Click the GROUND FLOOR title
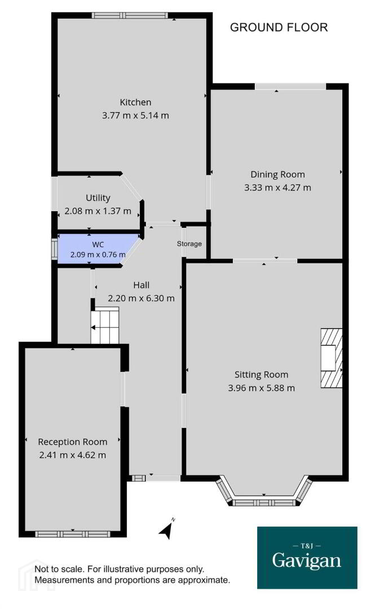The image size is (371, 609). click(x=279, y=27)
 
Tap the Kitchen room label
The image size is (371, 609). click(x=135, y=102)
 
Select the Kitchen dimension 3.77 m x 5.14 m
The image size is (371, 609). click(x=135, y=116)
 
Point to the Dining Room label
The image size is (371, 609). click(x=277, y=174)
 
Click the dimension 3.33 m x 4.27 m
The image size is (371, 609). click(x=277, y=188)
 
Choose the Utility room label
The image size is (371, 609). click(x=98, y=198)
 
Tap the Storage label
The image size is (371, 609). click(x=189, y=244)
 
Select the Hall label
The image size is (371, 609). click(x=141, y=285)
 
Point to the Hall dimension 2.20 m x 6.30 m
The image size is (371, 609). click(x=141, y=298)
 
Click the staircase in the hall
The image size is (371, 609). click(x=105, y=325)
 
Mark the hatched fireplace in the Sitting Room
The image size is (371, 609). click(x=332, y=358)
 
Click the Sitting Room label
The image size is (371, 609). click(x=261, y=375)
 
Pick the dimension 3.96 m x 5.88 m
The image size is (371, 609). click(x=261, y=388)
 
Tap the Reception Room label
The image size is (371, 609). click(x=73, y=442)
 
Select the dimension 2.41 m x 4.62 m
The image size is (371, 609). click(x=73, y=455)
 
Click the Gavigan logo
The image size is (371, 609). click(x=307, y=558)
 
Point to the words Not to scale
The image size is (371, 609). click(x=59, y=570)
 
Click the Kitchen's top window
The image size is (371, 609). click(x=130, y=16)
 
